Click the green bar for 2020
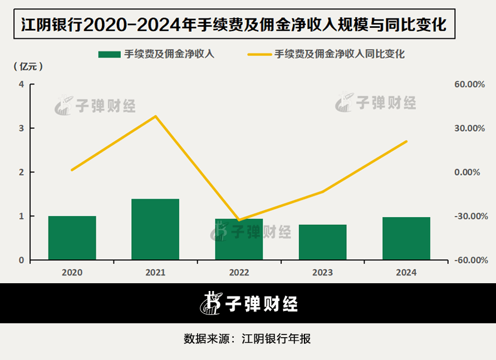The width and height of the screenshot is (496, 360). (72, 238)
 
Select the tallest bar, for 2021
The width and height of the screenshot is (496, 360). (155, 229)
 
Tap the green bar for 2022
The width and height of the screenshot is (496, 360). (239, 239)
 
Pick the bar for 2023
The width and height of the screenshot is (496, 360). (322, 242)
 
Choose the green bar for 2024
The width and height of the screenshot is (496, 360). (406, 238)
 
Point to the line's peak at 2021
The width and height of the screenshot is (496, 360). (156, 116)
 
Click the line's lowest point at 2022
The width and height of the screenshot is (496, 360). (239, 220)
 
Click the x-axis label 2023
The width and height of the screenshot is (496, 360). (322, 273)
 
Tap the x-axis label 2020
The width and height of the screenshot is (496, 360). (72, 273)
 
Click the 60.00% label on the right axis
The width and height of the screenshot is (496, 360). (466, 84)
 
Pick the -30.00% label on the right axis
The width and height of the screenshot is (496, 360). (465, 216)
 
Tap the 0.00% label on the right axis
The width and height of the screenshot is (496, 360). (467, 172)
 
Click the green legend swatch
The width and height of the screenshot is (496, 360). (109, 54)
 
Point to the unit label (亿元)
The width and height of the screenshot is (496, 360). (27, 66)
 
